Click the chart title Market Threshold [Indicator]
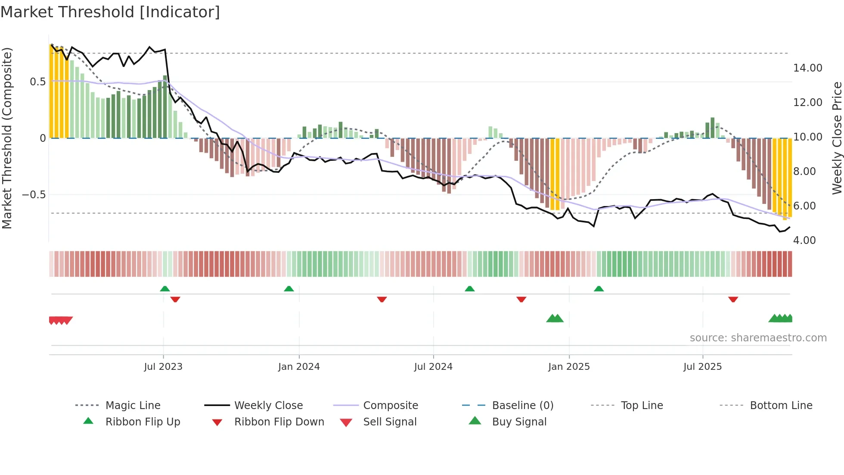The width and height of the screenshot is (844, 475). pos(110,12)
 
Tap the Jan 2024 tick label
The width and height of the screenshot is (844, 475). pos(299,367)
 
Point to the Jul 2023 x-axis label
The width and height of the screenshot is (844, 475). pos(163,367)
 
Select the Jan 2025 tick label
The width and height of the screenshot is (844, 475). pos(569,367)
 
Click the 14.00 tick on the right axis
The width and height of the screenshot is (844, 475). pos(807,68)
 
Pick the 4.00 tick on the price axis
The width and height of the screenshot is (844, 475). pos(804,241)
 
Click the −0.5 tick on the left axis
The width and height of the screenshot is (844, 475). pos(34,195)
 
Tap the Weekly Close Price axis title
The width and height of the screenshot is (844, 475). pos(837,138)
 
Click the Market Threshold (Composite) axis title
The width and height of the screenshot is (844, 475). pos(7,138)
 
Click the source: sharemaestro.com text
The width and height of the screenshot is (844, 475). pos(758,338)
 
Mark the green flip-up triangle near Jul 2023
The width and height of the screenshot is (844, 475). pos(165,289)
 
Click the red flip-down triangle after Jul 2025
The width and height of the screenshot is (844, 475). pos(733,299)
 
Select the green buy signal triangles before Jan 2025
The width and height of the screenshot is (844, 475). pos(555,319)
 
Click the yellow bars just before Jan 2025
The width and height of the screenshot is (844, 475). pos(555,175)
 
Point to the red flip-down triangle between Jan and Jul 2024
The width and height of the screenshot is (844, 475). pos(382,299)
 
